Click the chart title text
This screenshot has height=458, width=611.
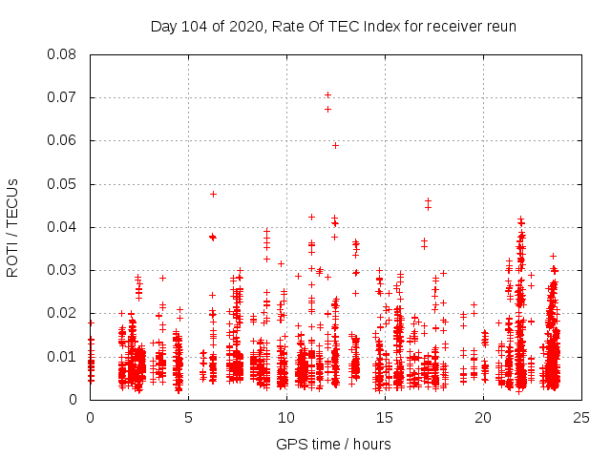(333, 27)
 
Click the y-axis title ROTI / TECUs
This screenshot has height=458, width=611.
(12, 227)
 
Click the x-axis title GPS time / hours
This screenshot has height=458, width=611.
(333, 444)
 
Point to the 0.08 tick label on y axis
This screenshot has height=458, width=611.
(62, 54)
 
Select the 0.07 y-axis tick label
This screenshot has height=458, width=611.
(62, 97)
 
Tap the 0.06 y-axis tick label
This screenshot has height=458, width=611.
(62, 140)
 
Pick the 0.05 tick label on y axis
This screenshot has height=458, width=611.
(62, 184)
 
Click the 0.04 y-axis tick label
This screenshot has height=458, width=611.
(62, 227)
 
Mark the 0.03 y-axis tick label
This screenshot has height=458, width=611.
(62, 270)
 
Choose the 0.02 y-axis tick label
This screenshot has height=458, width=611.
(62, 313)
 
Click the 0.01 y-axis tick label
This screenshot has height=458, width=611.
(62, 357)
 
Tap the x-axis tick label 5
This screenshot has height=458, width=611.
(188, 417)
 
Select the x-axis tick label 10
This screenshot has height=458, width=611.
(286, 417)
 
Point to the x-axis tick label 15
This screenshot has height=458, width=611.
(385, 417)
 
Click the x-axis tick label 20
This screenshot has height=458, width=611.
(483, 417)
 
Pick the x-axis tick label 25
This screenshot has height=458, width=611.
(581, 417)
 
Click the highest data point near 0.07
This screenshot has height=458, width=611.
(327, 94)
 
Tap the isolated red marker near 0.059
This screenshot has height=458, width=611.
(335, 145)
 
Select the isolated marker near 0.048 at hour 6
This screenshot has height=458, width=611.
(213, 194)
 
